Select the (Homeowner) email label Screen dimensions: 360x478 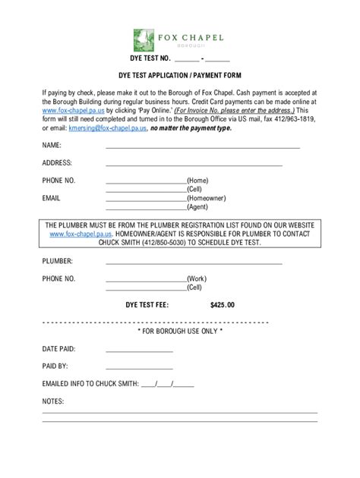pyautogui.click(x=206, y=198)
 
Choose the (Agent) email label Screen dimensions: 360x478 pyautogui.click(x=197, y=206)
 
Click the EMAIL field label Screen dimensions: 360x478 pyautogui.click(x=52, y=198)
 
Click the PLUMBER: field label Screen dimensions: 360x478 pyautogui.click(x=58, y=261)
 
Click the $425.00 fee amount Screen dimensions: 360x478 pyautogui.click(x=223, y=305)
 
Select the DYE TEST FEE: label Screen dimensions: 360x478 pyautogui.click(x=147, y=305)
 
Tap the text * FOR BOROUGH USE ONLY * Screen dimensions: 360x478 pyautogui.click(x=179, y=332)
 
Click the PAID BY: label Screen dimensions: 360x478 pyautogui.click(x=55, y=366)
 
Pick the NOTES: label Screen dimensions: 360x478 pyautogui.click(x=53, y=401)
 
